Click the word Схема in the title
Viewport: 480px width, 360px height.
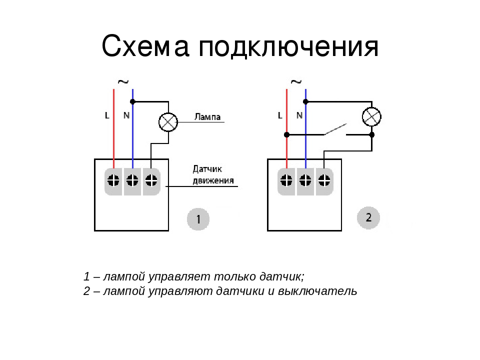tap(145, 47)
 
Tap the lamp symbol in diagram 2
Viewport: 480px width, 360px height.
tap(371, 117)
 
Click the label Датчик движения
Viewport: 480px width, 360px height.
tap(213, 174)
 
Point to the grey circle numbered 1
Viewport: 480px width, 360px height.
tap(198, 219)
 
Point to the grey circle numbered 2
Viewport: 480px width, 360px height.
tap(368, 217)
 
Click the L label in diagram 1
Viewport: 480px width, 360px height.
tap(107, 115)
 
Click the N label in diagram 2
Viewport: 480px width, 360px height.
tap(299, 115)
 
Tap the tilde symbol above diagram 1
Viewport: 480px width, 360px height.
tap(122, 81)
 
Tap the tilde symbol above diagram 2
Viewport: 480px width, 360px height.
tap(296, 81)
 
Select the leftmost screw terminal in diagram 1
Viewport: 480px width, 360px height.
tap(114, 180)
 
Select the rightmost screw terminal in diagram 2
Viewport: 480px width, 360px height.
tap(324, 180)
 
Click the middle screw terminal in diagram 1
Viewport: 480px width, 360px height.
tap(133, 180)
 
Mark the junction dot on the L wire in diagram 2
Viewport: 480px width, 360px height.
tap(286, 134)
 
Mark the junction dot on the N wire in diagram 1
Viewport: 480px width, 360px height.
tap(133, 101)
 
